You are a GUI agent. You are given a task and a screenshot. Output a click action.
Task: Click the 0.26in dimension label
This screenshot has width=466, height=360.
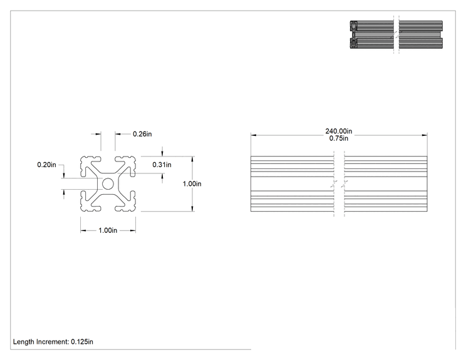142,134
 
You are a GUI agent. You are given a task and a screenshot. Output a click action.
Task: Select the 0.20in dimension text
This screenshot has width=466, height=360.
46,165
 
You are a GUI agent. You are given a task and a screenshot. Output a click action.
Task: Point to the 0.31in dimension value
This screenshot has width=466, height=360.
162,165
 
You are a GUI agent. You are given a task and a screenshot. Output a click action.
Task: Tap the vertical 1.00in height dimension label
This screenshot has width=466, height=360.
192,184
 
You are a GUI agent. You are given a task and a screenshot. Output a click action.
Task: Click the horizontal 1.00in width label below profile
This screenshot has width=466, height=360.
108,230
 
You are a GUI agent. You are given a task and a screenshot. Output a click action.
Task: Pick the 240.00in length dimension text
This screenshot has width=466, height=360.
338,131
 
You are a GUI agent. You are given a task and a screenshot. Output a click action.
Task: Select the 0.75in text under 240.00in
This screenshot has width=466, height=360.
338,138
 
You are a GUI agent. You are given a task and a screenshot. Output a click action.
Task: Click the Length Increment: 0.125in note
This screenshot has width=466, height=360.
53,342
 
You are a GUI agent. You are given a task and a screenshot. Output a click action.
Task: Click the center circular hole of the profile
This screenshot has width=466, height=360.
108,184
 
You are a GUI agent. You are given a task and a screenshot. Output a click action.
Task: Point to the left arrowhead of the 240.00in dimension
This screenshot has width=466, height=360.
253,135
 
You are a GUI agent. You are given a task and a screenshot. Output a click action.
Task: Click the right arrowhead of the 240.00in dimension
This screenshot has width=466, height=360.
425,135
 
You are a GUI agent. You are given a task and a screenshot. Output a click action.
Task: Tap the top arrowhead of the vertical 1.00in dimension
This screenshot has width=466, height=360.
192,159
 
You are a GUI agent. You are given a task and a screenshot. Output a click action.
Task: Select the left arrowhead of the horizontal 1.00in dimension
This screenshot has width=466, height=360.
83,230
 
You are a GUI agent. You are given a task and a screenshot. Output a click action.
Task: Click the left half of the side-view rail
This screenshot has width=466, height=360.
292,184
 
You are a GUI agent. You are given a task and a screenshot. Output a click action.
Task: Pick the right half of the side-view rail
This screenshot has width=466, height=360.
386,184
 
